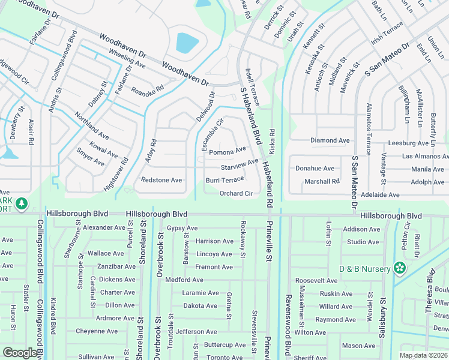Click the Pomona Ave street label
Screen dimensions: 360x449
tap(228, 151)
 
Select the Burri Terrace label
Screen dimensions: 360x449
tap(225, 180)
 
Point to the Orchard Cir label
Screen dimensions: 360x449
tap(236, 193)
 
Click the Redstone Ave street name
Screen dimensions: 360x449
tap(161, 180)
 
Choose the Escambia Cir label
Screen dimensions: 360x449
tap(212, 134)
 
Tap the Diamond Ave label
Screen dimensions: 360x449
tap(330, 140)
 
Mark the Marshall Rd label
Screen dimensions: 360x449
tap(322, 181)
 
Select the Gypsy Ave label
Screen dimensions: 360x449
tap(182, 228)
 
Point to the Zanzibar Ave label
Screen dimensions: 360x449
tap(116, 266)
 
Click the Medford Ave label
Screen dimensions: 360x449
tap(184, 280)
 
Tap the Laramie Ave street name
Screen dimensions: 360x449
tap(200, 293)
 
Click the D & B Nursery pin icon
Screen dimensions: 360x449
tap(399, 268)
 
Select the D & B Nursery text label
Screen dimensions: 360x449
tap(365, 268)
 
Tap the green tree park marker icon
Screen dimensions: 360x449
tap(22, 204)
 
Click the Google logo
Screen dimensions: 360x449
tap(20, 353)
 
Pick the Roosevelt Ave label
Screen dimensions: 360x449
tap(316, 280)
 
